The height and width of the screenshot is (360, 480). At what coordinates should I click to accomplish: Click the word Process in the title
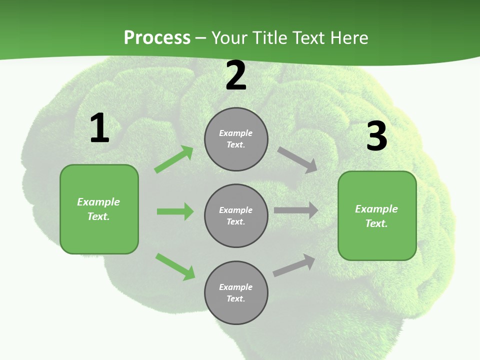(x=157, y=38)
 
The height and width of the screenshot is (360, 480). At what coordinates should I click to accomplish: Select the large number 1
(x=99, y=128)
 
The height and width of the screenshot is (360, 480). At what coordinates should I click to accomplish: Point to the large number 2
(x=236, y=76)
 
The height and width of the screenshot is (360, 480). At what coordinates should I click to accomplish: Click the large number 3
(x=376, y=136)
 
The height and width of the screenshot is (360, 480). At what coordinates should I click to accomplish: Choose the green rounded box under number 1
(x=99, y=209)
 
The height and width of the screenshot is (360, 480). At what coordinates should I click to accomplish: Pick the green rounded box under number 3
(x=377, y=216)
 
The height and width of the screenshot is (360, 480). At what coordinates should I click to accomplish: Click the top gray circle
(x=236, y=139)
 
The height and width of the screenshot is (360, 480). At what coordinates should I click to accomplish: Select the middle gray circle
(x=236, y=216)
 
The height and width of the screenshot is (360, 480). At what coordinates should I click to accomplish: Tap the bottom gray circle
(x=236, y=293)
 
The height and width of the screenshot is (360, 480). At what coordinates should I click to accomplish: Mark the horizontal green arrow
(x=175, y=211)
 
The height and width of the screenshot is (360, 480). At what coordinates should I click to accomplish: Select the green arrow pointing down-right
(x=175, y=266)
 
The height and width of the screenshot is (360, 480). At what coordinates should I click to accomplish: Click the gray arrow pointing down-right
(x=297, y=160)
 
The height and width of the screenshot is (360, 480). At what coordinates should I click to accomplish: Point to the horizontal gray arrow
(x=295, y=210)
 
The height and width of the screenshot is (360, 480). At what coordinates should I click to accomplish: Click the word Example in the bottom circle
(x=236, y=287)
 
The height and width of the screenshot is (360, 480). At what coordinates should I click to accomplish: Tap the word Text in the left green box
(x=98, y=216)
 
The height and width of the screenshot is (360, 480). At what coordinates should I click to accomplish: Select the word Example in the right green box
(x=376, y=209)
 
